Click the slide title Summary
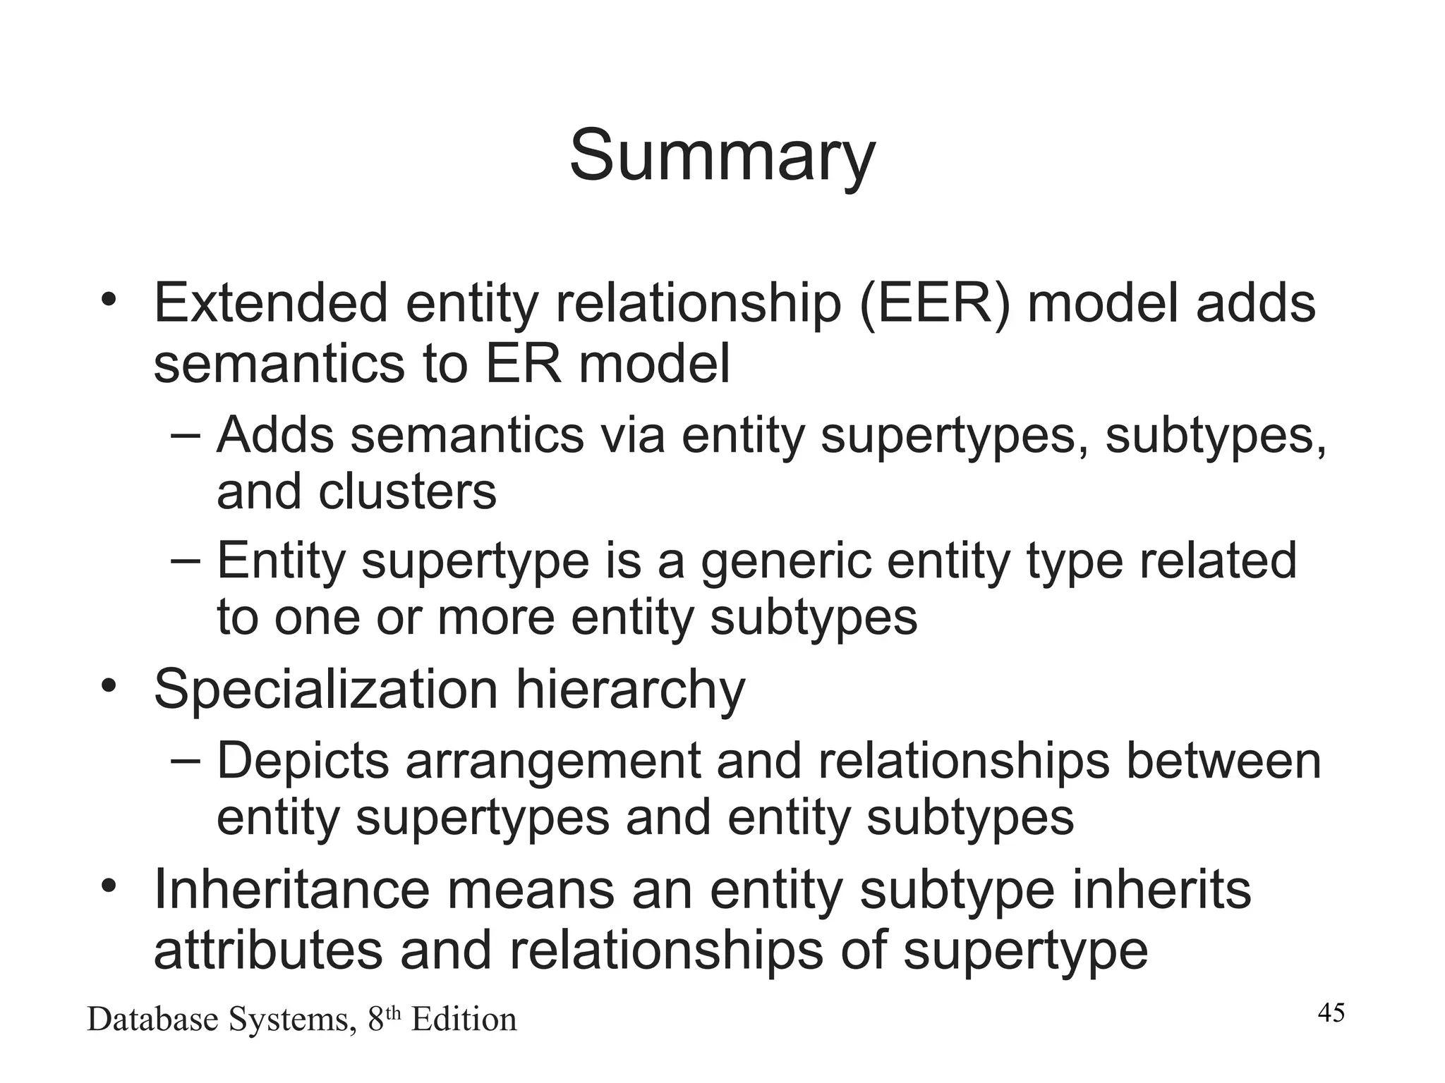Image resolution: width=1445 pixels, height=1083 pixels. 722,157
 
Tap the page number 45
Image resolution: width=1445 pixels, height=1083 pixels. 1331,1012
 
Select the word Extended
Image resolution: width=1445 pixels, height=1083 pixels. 271,303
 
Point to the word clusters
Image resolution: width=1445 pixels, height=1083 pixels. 407,491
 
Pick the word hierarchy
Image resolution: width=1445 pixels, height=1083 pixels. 630,690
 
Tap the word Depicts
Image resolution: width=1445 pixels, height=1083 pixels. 303,761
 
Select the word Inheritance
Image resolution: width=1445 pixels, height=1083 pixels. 291,889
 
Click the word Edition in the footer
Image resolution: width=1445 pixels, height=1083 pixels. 464,1020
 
